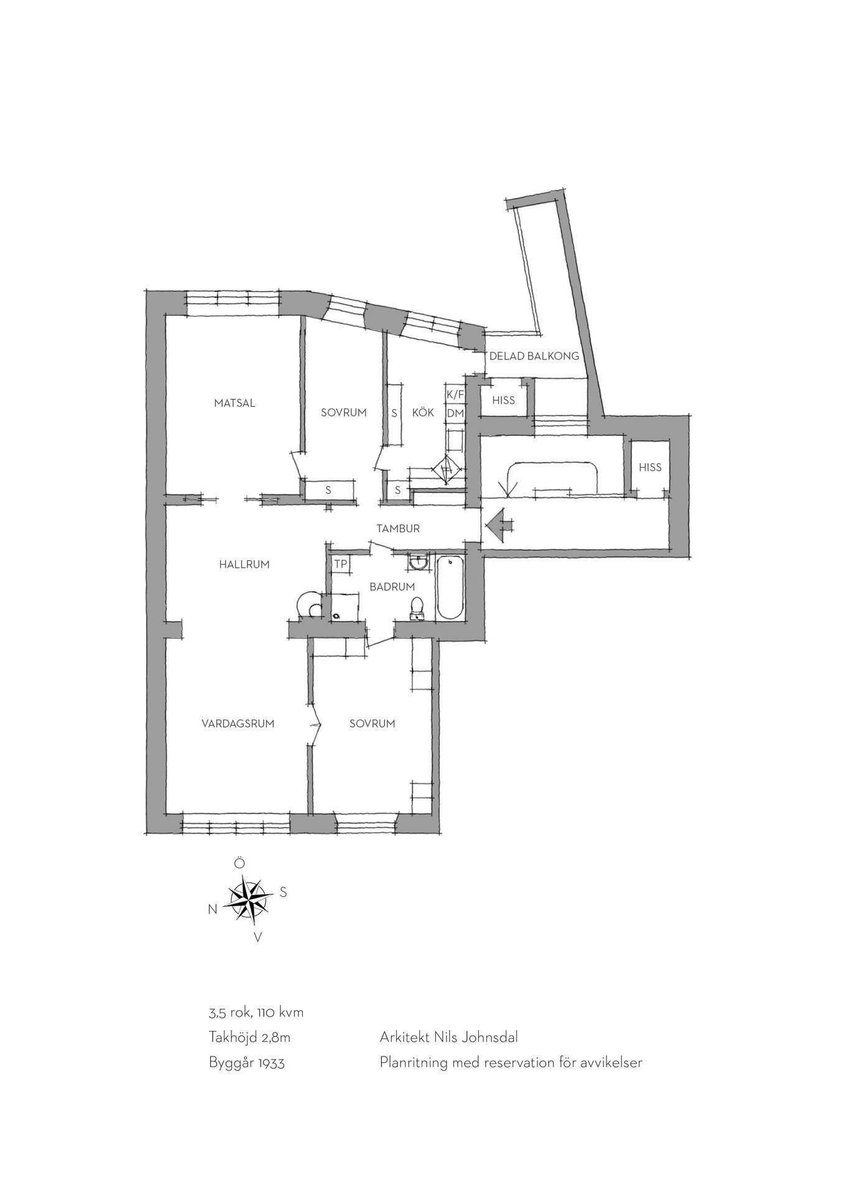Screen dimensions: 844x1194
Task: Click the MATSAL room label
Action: coord(234,403)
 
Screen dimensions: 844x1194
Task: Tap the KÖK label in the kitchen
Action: coord(423,412)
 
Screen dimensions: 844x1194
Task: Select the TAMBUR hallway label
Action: coord(398,529)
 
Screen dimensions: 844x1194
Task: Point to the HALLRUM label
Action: coord(244,565)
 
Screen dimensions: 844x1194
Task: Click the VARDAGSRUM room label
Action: coord(238,723)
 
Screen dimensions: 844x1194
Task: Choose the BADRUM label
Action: coord(392,586)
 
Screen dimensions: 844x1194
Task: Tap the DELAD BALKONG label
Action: coord(534,356)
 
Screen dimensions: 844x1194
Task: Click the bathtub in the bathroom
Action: coord(450,588)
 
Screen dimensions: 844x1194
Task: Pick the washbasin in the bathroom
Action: coord(419,562)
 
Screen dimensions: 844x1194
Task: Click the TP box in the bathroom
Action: coord(340,564)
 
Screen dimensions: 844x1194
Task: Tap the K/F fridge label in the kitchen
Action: coord(455,395)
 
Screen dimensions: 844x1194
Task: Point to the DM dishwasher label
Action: coord(455,413)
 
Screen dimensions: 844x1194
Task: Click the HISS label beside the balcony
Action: coord(503,400)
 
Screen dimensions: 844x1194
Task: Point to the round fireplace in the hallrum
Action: coord(309,603)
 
